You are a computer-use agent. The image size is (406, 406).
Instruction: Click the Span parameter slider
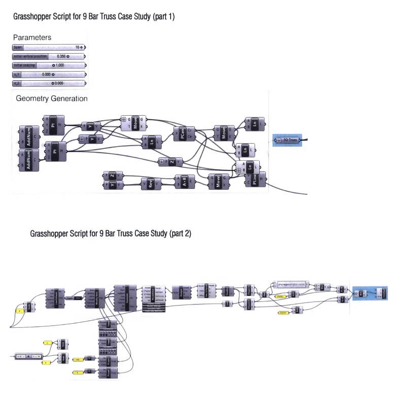tap(49, 47)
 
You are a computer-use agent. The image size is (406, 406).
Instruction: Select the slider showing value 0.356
tap(49, 56)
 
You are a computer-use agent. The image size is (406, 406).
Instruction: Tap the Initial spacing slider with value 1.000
tap(49, 65)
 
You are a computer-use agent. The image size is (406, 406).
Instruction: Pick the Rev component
tap(151, 184)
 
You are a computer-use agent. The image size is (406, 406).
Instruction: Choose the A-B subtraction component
tap(184, 181)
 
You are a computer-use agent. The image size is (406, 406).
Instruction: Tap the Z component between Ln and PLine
tap(171, 162)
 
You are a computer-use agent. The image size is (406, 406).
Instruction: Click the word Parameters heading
tap(32, 37)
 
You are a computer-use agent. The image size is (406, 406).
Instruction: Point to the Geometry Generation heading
tap(52, 98)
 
